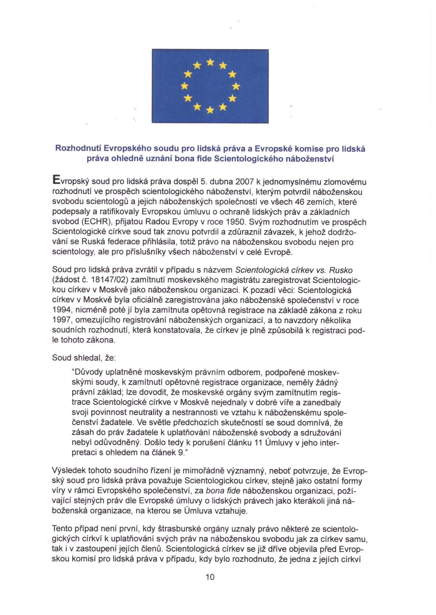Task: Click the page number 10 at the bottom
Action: click(x=210, y=577)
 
